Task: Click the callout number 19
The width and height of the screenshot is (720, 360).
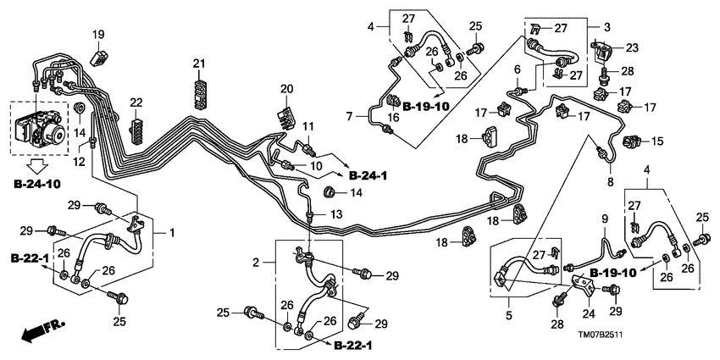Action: pos(99,34)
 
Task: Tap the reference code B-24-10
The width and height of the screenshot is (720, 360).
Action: pos(43,183)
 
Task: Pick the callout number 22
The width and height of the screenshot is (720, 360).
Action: pos(136,103)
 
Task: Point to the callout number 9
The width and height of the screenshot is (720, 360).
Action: pos(605,219)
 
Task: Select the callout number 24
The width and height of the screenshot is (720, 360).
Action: pos(588,312)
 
